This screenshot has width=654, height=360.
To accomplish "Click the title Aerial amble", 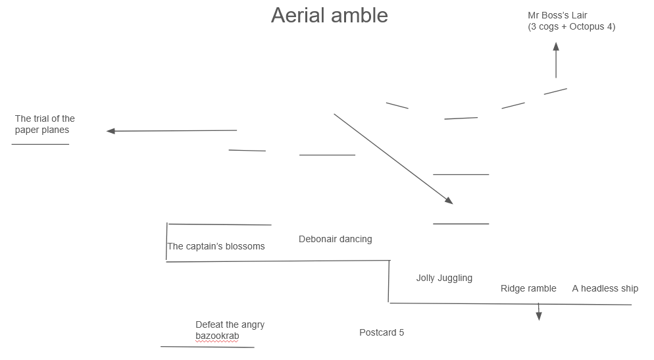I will pos(329,15).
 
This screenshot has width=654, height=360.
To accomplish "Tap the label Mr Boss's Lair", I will pos(557,15).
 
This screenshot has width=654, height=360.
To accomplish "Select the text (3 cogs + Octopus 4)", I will pos(571,27).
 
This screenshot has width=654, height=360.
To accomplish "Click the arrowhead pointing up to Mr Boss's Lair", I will pos(556,47).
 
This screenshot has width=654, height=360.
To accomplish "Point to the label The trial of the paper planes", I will pos(45,124).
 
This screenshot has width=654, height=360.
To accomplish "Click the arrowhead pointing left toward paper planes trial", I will pos(111,131).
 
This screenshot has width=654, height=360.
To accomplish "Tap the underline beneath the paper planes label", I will pos(40,144).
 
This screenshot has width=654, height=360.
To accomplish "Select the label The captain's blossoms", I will pos(216,246).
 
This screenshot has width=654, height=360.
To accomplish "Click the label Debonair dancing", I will pos(335,239).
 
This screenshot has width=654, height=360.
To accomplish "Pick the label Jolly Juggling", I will pos(444,278).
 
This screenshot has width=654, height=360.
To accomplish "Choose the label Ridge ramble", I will pos(528,288).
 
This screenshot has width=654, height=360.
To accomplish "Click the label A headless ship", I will pos(605,288).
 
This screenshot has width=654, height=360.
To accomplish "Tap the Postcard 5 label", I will pos(382,332).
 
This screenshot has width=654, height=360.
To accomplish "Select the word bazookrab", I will pos(217,336).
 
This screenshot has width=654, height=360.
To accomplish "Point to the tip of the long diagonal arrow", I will pos(451,202).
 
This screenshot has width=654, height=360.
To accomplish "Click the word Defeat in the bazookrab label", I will pos(209,324).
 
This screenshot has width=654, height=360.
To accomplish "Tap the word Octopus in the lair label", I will pos(588,27).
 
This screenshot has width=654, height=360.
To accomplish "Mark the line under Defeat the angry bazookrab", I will pos(207,347).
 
